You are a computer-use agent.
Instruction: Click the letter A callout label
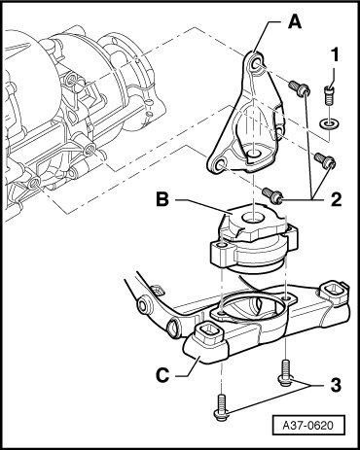[295, 22]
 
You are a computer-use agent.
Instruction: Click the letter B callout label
[162, 200]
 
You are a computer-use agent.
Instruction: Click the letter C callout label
[162, 375]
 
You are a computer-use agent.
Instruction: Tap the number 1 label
[335, 54]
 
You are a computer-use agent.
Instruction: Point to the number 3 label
[336, 386]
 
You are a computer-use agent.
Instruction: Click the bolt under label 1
[329, 94]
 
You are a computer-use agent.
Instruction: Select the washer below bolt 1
[328, 123]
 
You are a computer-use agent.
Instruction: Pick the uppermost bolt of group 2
[300, 87]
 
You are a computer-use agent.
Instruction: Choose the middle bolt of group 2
[325, 160]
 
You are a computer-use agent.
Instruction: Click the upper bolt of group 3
[285, 373]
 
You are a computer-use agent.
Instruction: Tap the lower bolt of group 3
[221, 406]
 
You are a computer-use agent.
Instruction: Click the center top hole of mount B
[252, 218]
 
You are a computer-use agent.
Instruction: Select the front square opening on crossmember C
[210, 334]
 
